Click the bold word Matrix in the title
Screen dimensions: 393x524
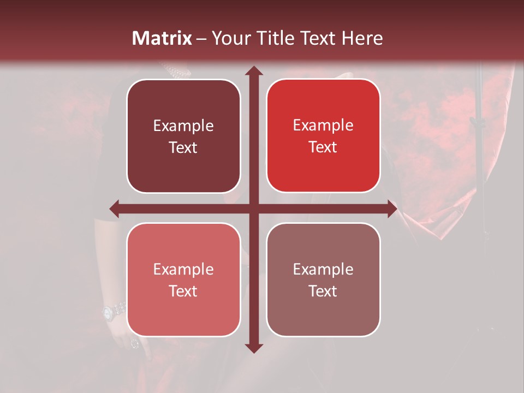coord(162,38)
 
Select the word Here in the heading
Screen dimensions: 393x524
coord(362,38)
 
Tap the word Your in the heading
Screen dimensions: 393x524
coord(230,38)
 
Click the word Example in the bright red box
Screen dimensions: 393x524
coord(323,126)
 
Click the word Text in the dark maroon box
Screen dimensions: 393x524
coord(183,147)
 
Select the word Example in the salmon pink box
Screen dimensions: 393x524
coord(183,269)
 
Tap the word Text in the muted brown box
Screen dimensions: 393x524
coord(323,291)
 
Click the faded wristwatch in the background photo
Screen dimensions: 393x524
coord(110,312)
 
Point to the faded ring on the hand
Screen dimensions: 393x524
coord(134,343)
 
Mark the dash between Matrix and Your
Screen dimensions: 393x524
coord(201,39)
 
